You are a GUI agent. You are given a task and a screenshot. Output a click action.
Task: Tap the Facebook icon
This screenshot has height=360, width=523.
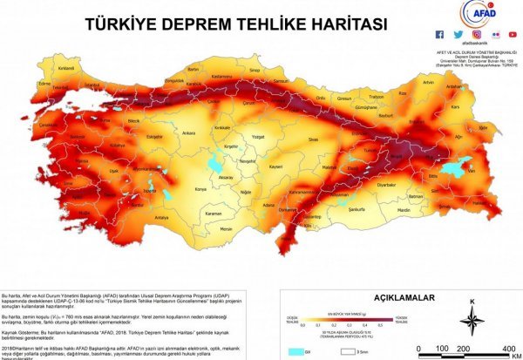coord(440,35)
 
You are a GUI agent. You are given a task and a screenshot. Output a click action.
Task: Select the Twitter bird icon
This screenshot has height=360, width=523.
coord(455,35)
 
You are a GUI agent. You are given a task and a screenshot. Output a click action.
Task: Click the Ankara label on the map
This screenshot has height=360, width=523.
coord(188,132)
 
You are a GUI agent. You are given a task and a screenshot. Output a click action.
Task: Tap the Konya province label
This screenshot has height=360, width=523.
coord(201,187)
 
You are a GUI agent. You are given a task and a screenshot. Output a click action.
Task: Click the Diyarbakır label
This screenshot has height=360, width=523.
coord(386,185)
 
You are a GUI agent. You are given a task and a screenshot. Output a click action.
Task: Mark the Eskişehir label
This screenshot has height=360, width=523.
coord(153,136)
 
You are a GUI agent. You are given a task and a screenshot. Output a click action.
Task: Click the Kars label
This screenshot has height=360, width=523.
coord(456,108)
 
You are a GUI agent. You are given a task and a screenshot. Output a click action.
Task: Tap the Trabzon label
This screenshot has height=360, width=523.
coord(377,97)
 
